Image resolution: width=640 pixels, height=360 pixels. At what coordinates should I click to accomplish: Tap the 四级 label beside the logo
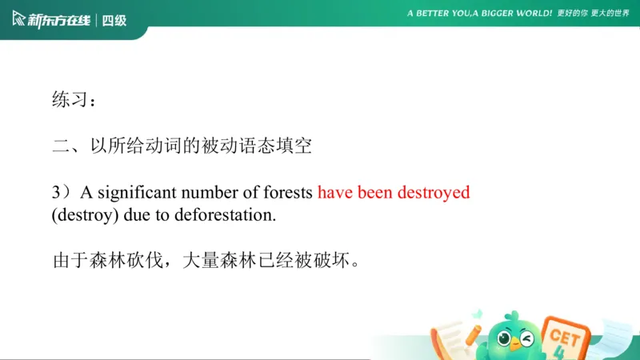point(114,20)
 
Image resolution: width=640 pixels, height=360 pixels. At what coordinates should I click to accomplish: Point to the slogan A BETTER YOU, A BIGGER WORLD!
point(480,14)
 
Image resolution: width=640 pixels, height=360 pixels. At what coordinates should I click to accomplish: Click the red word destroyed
point(432,193)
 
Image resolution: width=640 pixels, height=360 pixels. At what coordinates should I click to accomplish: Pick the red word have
point(334,193)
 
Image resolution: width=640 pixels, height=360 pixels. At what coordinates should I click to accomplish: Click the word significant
point(135,193)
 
